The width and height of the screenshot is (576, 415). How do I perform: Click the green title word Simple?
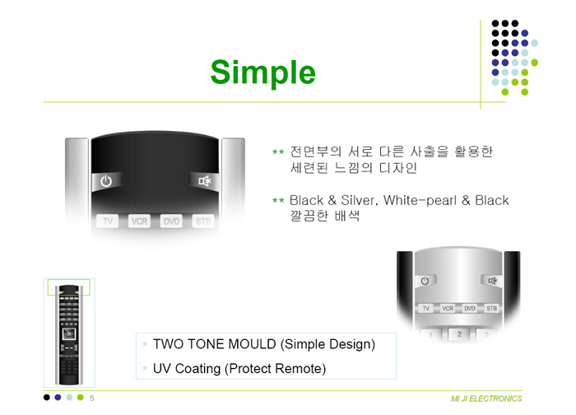point(262,72)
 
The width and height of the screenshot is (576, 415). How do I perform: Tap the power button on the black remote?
point(106,181)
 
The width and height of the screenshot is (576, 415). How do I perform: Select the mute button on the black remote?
point(203,181)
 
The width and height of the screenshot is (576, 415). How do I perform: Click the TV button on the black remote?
point(107,221)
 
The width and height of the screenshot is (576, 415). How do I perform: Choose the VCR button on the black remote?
point(139,221)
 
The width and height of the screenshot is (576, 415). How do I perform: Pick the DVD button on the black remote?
point(171,221)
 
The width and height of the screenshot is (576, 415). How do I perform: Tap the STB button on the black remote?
point(202,221)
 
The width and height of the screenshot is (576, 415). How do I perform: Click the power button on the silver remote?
point(425,281)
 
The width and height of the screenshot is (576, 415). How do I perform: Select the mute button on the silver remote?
point(491,281)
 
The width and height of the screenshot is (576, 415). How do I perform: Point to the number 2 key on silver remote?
point(459,334)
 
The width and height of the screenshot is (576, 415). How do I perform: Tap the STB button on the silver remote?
point(491,309)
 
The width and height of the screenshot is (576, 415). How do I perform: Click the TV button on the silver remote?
point(425,309)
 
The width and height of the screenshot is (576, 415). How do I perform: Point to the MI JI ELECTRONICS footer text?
point(486,399)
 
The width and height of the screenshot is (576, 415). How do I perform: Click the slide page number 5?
point(92,398)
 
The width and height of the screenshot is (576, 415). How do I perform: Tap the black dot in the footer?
point(47,398)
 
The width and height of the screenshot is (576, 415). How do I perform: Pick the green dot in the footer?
point(81,398)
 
